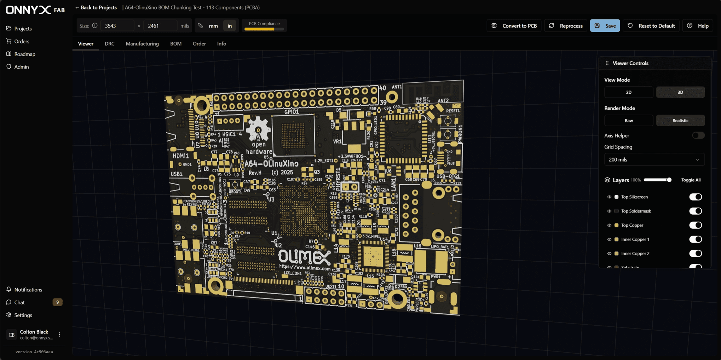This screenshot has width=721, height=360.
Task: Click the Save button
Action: [x=605, y=26]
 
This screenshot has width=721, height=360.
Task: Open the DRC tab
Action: [x=109, y=43]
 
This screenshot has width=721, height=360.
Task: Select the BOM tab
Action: [x=175, y=43]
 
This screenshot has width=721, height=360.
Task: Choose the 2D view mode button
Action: [x=628, y=92]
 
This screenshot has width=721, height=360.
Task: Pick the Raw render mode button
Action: [x=628, y=121]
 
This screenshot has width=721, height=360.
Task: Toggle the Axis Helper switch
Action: [x=698, y=135]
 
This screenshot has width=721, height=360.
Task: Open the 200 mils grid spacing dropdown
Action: [x=654, y=159]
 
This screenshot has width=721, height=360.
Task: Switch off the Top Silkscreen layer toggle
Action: [x=695, y=197]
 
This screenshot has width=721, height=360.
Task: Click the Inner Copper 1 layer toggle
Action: [x=695, y=239]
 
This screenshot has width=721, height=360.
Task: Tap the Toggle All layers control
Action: [x=691, y=180]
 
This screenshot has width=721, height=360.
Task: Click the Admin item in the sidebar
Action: [x=21, y=67]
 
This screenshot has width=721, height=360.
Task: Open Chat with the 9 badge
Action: [x=19, y=302]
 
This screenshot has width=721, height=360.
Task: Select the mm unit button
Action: [x=213, y=26]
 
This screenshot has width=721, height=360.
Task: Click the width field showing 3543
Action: [x=117, y=26]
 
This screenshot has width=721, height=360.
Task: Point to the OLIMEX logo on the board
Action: [x=304, y=257]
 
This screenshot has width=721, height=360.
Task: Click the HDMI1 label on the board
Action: [x=180, y=156]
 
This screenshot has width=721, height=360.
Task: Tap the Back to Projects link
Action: [x=96, y=7]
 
